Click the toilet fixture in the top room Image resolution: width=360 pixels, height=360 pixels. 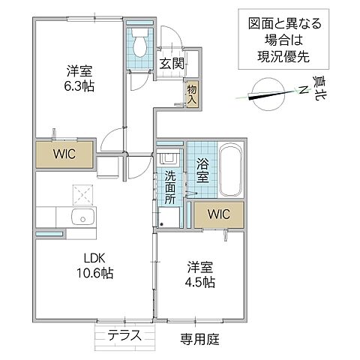tap(139, 46)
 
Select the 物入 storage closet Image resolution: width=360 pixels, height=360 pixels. tap(192, 94)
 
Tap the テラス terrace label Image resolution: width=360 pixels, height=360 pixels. tap(124, 335)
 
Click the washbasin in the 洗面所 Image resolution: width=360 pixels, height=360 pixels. tap(169, 160)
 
